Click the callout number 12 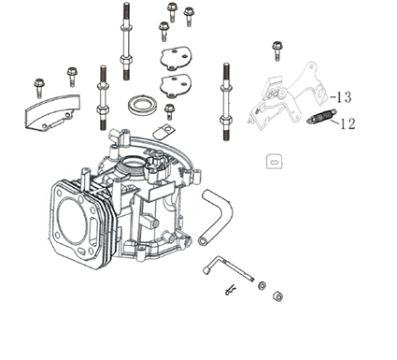(x=347, y=124)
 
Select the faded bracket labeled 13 (x=287, y=96)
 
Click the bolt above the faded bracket (x=276, y=50)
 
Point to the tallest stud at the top (x=126, y=41)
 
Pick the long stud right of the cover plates (x=226, y=102)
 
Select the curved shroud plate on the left (x=51, y=112)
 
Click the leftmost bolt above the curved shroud (x=39, y=88)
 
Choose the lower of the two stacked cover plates (x=175, y=85)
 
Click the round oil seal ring (x=142, y=106)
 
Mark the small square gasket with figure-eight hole (x=275, y=162)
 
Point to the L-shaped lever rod (x=227, y=268)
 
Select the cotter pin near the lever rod (x=230, y=291)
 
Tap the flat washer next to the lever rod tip (x=262, y=285)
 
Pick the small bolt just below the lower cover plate (x=169, y=111)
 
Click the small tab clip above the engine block (x=163, y=132)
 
